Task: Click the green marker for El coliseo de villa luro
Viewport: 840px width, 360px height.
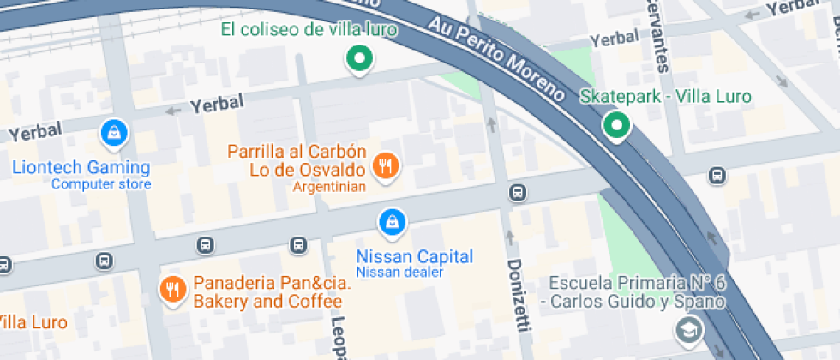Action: [x=360, y=60]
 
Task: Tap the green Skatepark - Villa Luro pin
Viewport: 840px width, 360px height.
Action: [x=615, y=126]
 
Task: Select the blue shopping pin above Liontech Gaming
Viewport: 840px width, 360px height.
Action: [x=113, y=132]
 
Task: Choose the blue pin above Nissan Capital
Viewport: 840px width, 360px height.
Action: [x=392, y=222]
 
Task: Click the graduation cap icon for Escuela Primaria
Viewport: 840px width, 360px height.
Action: [x=687, y=329]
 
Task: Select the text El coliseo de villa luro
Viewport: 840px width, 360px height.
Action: [x=309, y=30]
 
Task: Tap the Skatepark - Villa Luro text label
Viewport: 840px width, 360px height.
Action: [x=665, y=96]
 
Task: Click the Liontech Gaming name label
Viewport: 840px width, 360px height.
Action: [x=81, y=168]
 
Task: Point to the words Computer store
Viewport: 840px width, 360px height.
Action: [x=101, y=184]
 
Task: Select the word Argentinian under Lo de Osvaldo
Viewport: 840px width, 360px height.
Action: [x=330, y=186]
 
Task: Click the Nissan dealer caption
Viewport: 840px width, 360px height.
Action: [x=399, y=273]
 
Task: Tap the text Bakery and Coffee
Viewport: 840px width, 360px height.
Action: [x=267, y=301]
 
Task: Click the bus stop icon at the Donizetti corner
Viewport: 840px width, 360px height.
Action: [x=517, y=192]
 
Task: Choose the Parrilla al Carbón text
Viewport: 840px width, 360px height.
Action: [x=297, y=152]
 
